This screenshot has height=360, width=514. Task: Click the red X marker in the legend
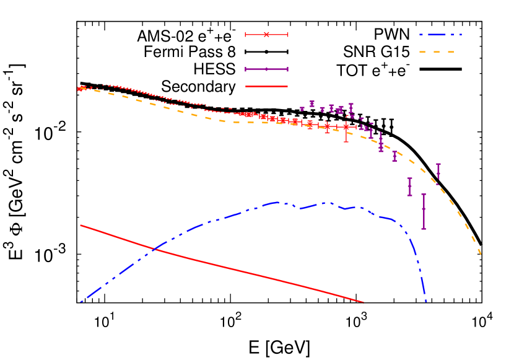coord(266,35)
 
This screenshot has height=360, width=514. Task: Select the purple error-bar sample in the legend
coord(266,69)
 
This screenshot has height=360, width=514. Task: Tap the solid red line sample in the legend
coord(266,86)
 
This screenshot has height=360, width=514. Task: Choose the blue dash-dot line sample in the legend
coord(440,35)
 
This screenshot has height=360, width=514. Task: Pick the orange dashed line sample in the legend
coord(437,52)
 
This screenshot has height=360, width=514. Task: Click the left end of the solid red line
coord(81,226)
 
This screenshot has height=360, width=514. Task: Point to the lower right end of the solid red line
coord(362,302)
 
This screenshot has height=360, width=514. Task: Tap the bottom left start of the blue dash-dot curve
coord(81,301)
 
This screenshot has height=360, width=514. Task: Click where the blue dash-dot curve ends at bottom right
coord(426,302)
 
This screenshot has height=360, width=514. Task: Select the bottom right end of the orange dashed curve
coord(481,253)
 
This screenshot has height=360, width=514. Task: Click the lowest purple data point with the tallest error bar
coord(424,209)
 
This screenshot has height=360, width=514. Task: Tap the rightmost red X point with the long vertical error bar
coord(346,126)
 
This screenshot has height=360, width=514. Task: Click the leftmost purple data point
coord(302,108)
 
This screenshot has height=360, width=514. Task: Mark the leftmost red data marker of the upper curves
coord(80,89)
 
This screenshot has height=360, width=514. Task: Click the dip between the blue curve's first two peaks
coord(301,208)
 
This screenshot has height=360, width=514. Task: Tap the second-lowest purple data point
coord(409,186)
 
